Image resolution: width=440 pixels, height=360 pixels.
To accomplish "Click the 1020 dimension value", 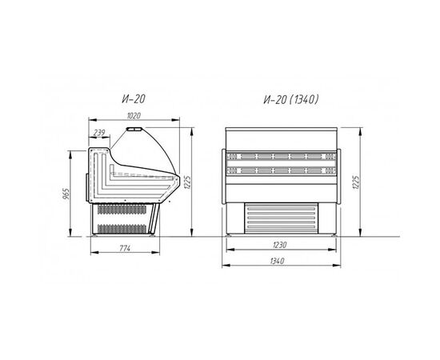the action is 134,116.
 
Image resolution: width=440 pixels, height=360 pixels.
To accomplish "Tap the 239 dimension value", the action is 99,133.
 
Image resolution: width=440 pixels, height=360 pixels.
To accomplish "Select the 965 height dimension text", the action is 66,194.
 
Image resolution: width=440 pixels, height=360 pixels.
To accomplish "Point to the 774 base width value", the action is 125,248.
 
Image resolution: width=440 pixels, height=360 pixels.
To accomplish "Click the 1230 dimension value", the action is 280,245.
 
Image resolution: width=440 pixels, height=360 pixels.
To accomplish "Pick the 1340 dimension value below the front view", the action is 278,261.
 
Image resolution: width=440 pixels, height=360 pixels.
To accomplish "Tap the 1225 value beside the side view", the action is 188,182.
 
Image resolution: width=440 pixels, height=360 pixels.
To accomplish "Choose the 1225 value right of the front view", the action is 356,182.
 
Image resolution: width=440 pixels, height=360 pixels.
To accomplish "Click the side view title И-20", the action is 134,99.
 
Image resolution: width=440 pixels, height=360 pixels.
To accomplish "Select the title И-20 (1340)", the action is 291,99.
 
